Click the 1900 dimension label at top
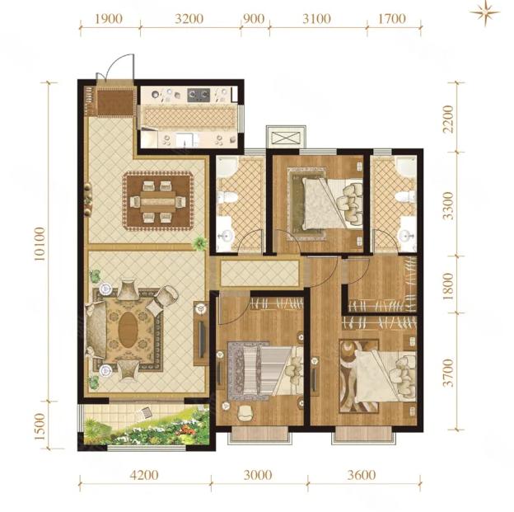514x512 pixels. pos(109,19)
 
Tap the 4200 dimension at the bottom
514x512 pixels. pos(144,475)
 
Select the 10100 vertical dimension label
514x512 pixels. pos(40,243)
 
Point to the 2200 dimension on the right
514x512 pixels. pos(448,119)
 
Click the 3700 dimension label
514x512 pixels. pos(448,373)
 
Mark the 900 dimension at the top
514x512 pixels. pos(255,19)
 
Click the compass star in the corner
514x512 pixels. pos(484,13)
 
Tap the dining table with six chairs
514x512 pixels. pos(158,201)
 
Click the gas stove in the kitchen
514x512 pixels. pos(199,95)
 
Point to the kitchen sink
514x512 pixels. pos(187,140)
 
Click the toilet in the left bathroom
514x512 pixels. pos(228,198)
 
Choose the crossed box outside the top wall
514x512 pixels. pos(286,137)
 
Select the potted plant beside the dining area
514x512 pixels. pos(199,243)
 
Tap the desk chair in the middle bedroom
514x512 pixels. pos(245,413)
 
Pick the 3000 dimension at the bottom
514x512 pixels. pos(258,475)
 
